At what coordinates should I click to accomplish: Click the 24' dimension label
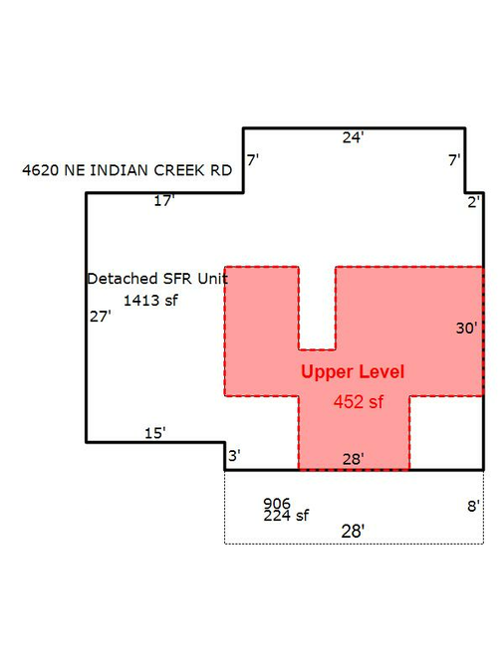click(x=353, y=137)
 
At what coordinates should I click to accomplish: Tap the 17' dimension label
click(x=164, y=200)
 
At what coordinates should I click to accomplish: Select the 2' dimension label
click(x=473, y=202)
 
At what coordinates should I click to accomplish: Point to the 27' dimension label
click(x=101, y=317)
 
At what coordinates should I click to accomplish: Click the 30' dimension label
click(x=467, y=329)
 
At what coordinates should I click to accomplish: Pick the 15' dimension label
click(x=154, y=433)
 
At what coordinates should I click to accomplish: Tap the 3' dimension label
click(x=234, y=456)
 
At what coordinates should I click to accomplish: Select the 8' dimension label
click(x=473, y=507)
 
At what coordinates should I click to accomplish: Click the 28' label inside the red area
click(x=354, y=459)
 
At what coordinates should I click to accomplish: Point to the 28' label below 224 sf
click(x=353, y=532)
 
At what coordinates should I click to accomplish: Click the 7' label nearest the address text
click(x=253, y=160)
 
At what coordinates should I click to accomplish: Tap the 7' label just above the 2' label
click(x=454, y=160)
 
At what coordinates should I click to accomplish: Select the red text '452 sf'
click(x=359, y=402)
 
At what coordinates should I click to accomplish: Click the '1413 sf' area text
click(x=150, y=301)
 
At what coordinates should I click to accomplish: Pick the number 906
click(x=277, y=503)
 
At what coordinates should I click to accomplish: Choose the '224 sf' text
click(x=286, y=516)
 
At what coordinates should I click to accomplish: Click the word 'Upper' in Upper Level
click(x=327, y=372)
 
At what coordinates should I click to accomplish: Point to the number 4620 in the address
click(x=40, y=170)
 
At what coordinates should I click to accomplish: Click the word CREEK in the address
click(x=179, y=170)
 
